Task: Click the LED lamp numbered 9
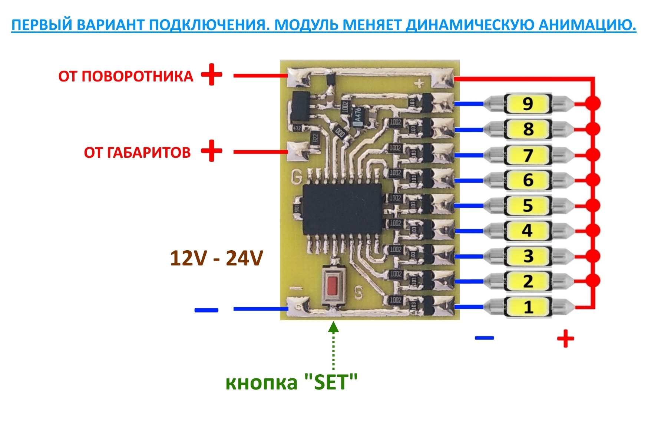tap(528, 104)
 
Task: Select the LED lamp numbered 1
tap(528, 307)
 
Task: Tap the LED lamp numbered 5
tap(528, 205)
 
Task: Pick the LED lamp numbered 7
tap(528, 155)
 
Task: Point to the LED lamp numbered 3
tap(528, 256)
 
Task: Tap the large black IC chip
tap(342, 209)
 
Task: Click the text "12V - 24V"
tap(217, 258)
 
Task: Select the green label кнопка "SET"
tap(291, 382)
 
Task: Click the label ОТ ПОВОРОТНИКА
tap(126, 76)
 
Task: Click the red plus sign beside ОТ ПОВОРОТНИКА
tap(212, 75)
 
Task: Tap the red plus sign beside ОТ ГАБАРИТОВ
tap(212, 151)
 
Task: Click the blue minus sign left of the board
tap(206, 310)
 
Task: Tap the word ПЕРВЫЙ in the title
tap(42, 25)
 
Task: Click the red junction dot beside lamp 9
tap(593, 103)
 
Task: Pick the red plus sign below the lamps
tap(566, 338)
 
